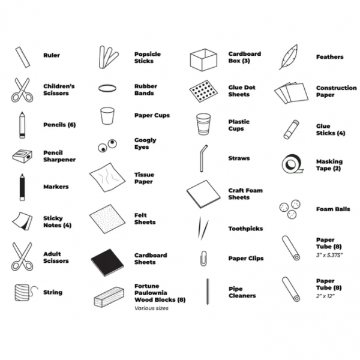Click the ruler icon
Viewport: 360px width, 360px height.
[23, 58]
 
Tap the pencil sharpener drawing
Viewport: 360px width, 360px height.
[22, 156]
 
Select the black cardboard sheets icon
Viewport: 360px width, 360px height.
[107, 262]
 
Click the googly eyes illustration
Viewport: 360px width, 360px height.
[107, 146]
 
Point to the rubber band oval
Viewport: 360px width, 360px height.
[107, 88]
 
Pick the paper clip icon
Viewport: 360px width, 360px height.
[203, 258]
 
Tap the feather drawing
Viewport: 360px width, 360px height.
[289, 57]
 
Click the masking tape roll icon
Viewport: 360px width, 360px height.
[292, 164]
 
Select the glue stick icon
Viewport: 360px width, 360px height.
[291, 130]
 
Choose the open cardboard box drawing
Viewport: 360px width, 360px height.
[203, 59]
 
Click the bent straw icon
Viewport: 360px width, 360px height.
[203, 158]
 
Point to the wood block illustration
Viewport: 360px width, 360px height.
[109, 297]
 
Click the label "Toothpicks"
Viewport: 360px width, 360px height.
[245, 229]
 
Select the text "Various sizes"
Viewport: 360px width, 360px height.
[151, 308]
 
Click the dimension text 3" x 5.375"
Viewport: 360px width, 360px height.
[329, 255]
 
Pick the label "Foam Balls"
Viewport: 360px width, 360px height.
[333, 209]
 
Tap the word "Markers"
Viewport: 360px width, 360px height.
[56, 187]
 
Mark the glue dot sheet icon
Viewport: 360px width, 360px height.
[203, 91]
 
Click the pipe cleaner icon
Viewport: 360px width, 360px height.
[208, 292]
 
